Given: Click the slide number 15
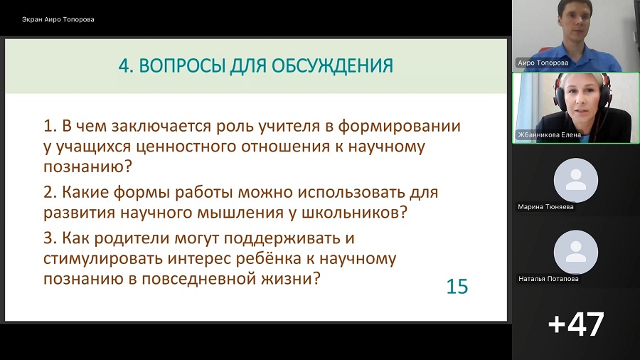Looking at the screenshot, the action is pyautogui.click(x=457, y=287).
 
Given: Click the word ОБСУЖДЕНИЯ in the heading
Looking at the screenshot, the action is pyautogui.click(x=332, y=66).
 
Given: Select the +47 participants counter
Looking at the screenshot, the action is pyautogui.click(x=575, y=324).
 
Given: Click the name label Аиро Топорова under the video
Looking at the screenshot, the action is pyautogui.click(x=543, y=63).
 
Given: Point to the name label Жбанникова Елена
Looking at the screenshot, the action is pyautogui.click(x=549, y=134).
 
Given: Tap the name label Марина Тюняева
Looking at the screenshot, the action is pyautogui.click(x=545, y=207).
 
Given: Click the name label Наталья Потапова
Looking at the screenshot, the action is pyautogui.click(x=548, y=279).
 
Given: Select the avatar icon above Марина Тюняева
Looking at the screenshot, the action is pyautogui.click(x=576, y=180).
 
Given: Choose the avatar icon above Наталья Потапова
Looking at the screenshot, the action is pyautogui.click(x=576, y=252).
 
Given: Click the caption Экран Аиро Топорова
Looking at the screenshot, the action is pyautogui.click(x=58, y=20).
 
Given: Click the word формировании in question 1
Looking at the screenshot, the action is pyautogui.click(x=399, y=127).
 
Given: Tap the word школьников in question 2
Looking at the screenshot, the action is pyautogui.click(x=354, y=212).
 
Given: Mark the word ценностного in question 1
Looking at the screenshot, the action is pyautogui.click(x=186, y=147).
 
